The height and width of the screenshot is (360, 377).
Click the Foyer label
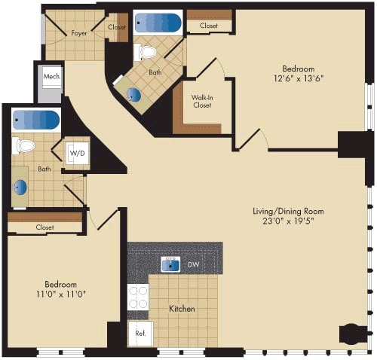79,33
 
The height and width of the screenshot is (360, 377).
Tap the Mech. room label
51,78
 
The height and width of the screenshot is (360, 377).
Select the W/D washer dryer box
77,154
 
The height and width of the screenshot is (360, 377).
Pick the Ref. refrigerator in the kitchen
140,333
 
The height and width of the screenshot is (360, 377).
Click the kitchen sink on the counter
171,264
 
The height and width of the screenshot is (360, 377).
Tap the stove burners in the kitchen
138,297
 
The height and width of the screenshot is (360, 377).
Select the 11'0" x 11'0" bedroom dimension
60,294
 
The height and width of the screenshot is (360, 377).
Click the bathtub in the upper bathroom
158,23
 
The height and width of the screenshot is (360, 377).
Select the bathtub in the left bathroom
35,121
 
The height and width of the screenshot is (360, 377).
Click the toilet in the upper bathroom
146,52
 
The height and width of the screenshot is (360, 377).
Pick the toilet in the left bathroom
24,146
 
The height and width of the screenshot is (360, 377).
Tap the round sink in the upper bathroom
133,94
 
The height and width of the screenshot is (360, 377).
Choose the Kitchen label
182,309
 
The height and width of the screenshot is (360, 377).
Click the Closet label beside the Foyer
117,27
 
